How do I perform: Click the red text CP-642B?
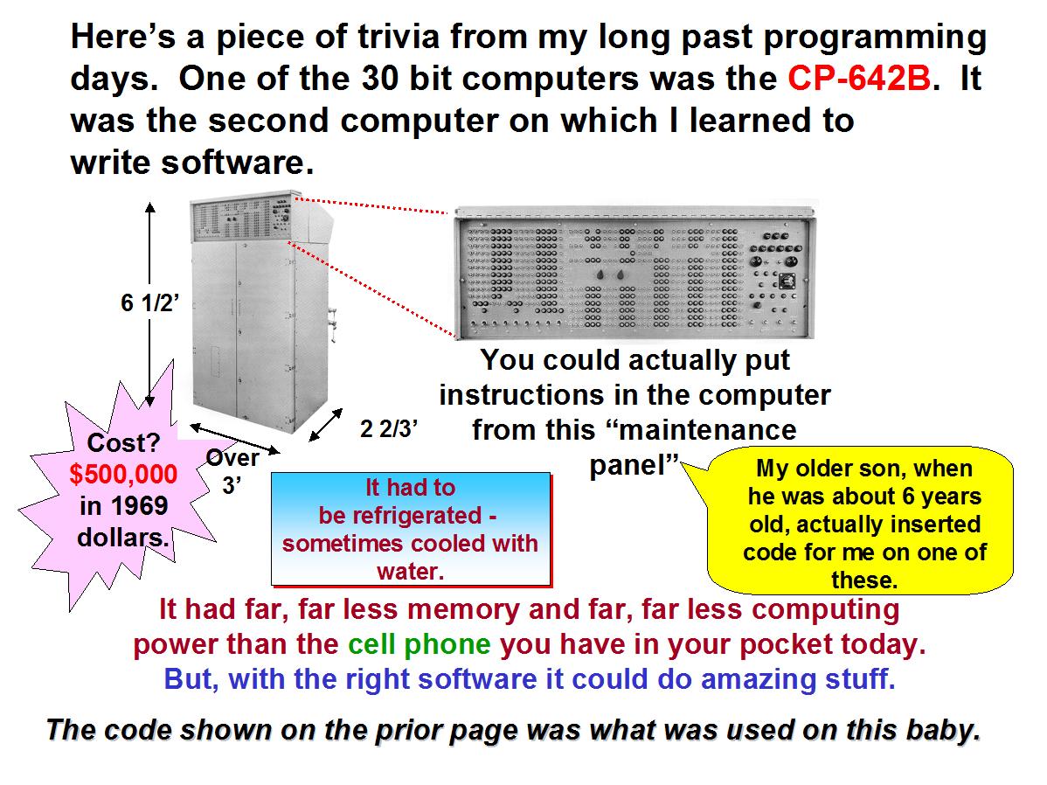[859, 78]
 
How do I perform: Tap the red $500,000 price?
[123, 474]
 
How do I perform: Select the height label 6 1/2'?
[149, 302]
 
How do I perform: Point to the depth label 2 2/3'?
[389, 428]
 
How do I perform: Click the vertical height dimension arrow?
[150, 304]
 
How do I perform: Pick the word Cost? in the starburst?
[123, 442]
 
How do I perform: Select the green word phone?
[447, 645]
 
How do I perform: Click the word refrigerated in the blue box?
[399, 516]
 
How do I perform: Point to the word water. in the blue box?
[410, 571]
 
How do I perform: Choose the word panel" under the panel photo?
[634, 465]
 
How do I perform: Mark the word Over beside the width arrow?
[232, 458]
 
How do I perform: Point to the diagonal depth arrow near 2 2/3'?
[326, 425]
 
